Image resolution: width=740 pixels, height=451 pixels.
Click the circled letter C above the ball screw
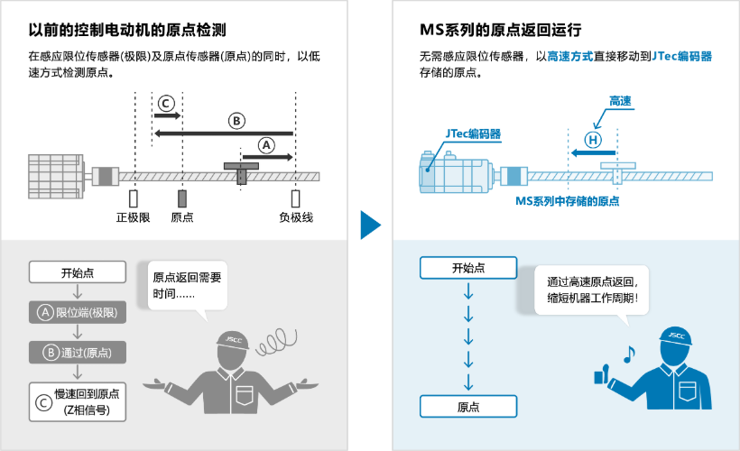tap(165, 103)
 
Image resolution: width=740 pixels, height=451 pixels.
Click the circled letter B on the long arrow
tap(236, 120)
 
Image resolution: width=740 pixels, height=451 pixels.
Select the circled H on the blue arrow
tap(592, 140)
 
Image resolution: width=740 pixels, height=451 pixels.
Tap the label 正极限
tap(133, 217)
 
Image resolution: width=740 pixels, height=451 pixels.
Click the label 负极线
tap(295, 217)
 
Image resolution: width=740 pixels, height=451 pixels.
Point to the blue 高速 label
tap(620, 99)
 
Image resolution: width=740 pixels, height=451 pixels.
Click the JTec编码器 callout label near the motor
tap(473, 133)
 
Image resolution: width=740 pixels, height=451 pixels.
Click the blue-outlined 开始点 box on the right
tap(467, 268)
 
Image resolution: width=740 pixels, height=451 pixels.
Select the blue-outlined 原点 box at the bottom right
tap(467, 407)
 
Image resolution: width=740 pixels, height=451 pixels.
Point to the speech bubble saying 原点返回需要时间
tap(186, 286)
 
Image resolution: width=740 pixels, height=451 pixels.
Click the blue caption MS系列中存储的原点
tap(567, 201)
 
